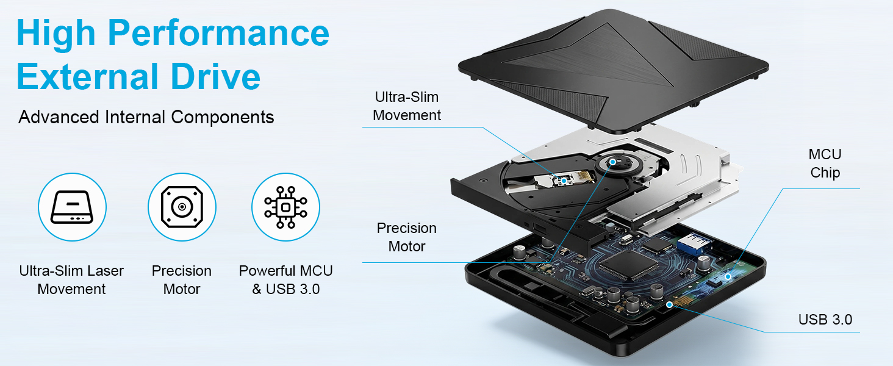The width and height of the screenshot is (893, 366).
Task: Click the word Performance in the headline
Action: [218, 34]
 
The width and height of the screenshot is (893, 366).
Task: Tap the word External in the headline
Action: [88, 76]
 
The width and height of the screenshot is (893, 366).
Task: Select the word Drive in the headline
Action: [216, 76]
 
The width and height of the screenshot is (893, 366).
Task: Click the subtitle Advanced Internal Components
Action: [146, 117]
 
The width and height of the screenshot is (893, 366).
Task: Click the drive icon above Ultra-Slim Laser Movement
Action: [72, 207]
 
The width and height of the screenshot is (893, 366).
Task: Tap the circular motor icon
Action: [182, 207]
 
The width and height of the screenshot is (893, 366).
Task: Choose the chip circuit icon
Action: [286, 207]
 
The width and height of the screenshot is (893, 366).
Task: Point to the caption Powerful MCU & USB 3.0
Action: [286, 280]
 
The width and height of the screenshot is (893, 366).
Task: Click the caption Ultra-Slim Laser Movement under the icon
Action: [72, 280]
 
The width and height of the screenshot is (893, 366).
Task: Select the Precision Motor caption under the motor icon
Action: [182, 280]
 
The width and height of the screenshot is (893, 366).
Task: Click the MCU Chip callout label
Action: [825, 163]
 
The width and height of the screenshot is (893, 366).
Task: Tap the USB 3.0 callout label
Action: [825, 320]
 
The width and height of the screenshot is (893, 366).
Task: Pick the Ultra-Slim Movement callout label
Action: [407, 106]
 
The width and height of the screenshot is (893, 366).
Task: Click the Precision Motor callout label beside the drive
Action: [407, 237]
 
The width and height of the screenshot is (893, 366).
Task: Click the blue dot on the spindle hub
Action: [613, 162]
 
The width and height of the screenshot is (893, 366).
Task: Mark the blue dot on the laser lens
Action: [564, 181]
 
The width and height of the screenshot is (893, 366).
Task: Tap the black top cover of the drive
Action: [614, 72]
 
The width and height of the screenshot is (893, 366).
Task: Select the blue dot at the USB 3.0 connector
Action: [670, 304]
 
